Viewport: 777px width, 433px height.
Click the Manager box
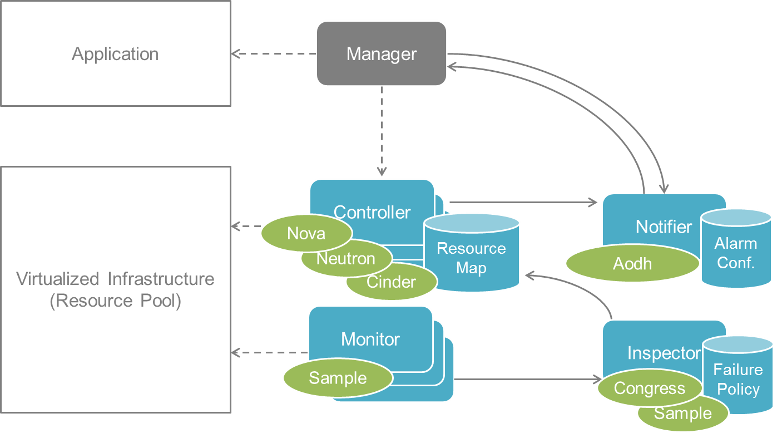click(382, 54)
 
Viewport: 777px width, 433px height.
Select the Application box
click(115, 54)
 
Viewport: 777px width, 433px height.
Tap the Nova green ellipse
click(306, 233)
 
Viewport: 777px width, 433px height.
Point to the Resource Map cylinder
click(472, 258)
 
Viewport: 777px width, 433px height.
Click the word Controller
click(372, 212)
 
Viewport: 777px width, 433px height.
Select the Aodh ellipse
click(632, 263)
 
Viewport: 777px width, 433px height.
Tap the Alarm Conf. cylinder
click(736, 253)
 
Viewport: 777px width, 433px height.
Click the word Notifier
click(664, 227)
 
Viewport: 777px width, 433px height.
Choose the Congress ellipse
click(649, 388)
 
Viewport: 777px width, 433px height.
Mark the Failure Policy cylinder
click(738, 380)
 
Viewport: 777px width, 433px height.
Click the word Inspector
click(664, 353)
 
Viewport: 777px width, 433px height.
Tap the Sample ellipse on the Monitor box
click(338, 378)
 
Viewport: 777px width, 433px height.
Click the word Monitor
click(370, 339)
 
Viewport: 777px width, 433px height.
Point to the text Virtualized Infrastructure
click(115, 278)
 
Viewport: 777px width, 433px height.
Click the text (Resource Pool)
click(115, 301)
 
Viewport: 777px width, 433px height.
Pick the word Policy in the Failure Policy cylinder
click(738, 389)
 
